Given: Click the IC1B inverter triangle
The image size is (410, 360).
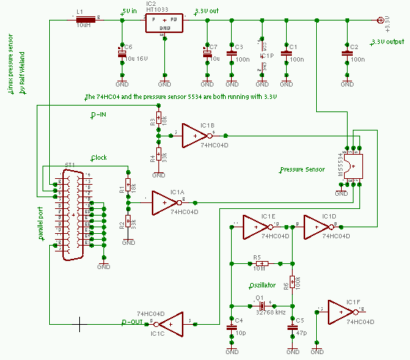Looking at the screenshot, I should click(195, 135).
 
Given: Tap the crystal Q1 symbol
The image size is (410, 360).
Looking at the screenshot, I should click(260, 306).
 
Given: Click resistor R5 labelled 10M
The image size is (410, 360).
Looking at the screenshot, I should click(261, 263).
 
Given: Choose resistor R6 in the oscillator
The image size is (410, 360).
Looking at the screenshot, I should click(293, 282).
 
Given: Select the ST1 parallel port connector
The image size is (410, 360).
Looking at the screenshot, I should click(73, 213).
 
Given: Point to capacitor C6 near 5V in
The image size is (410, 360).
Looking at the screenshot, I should click(122, 54).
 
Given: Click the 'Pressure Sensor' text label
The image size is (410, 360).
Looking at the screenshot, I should click(302, 169).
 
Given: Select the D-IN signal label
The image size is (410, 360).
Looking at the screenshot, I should click(98, 116).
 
